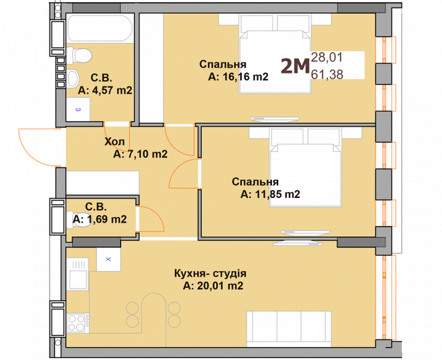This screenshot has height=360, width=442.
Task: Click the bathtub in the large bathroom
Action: tap(100, 28)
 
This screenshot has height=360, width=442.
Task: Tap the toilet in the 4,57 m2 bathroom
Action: tap(80, 55)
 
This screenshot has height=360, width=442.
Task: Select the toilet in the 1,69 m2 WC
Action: tap(80, 220)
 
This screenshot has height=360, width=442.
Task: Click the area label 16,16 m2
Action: tap(238, 76)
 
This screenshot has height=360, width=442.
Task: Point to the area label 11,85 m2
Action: tap(271, 194)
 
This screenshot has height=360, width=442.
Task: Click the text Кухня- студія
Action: tap(210, 274)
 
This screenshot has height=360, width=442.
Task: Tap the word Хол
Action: tap(114, 142)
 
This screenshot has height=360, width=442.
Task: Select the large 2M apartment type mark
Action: tap(295, 67)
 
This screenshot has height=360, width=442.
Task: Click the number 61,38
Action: tap(327, 74)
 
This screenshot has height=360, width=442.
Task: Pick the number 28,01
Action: tap(326, 57)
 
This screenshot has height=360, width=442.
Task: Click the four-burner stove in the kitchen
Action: tap(78, 323)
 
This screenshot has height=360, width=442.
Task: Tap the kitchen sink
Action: tap(78, 274)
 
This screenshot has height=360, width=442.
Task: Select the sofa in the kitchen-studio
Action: tap(289, 329)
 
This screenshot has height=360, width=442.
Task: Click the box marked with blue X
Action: tap(109, 259)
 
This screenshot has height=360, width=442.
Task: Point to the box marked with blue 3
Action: tap(78, 110)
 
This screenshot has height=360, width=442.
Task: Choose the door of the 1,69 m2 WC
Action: tap(150, 219)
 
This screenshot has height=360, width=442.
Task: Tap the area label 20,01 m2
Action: tap(213, 286)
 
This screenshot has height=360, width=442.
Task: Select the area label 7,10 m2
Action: tap(140, 154)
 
